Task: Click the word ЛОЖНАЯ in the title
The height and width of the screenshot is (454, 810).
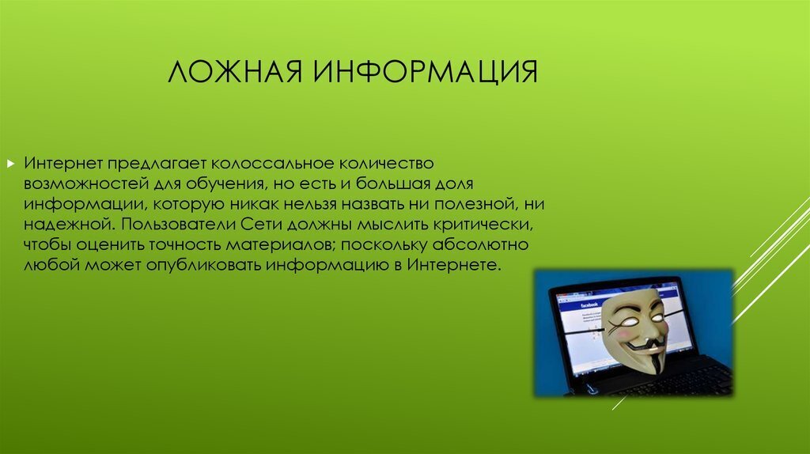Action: tap(235, 71)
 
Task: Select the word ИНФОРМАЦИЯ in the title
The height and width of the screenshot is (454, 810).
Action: tap(426, 72)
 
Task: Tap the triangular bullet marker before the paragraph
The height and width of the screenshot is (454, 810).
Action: tap(11, 164)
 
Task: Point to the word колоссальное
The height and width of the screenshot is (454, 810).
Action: tap(272, 163)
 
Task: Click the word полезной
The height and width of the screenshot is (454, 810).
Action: tap(475, 203)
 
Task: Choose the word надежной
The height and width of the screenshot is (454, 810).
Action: tap(70, 224)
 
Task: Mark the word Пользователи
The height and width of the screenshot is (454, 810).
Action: tap(178, 224)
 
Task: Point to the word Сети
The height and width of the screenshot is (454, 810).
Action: tap(261, 224)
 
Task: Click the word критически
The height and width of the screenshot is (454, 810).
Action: tap(483, 224)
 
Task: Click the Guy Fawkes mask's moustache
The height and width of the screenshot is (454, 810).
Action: tap(642, 344)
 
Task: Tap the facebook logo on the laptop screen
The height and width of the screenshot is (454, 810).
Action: tap(589, 305)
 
